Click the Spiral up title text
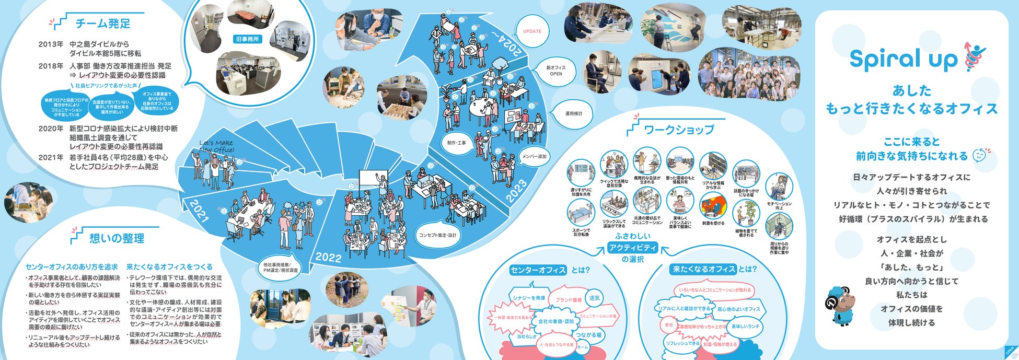(x=903, y=59)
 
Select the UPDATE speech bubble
(x=532, y=31)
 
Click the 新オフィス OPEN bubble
(x=555, y=71)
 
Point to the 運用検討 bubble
(x=573, y=113)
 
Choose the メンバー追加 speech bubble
(x=534, y=157)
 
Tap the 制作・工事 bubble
(x=457, y=143)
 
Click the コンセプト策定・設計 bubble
(x=437, y=235)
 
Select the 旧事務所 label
(x=247, y=39)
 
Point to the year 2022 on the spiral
(x=328, y=257)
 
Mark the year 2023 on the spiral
(x=516, y=191)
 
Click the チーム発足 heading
(x=103, y=24)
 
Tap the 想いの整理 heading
(x=117, y=238)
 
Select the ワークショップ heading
(x=678, y=130)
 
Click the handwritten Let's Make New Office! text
(x=217, y=146)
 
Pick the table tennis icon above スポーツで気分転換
(x=581, y=213)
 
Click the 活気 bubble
(x=595, y=297)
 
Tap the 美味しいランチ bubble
(x=745, y=326)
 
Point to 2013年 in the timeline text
(x=51, y=44)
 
